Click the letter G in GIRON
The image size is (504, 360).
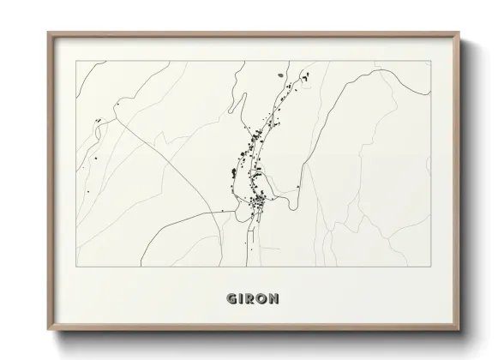231,299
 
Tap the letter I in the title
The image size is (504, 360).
240,299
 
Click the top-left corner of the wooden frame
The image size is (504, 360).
48,33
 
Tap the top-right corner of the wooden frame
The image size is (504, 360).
459,33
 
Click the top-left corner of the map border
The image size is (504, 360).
77,61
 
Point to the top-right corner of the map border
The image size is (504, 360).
430,61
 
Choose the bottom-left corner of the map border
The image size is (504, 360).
77,267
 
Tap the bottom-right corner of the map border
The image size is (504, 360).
430,267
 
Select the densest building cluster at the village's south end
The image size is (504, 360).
258,202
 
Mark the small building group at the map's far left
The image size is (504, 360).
99,119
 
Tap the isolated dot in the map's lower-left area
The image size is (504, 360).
87,190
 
